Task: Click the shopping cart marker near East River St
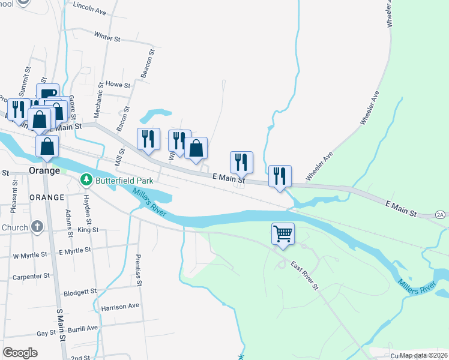[x=283, y=234]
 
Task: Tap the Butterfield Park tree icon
[x=86, y=180]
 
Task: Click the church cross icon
[x=37, y=227]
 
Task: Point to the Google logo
[x=20, y=353]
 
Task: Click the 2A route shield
[x=441, y=214]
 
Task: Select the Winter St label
[x=107, y=37]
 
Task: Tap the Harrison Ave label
[x=120, y=307]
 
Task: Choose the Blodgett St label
[x=80, y=292]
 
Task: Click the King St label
[x=88, y=230]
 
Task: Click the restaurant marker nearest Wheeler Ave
[x=280, y=176]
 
